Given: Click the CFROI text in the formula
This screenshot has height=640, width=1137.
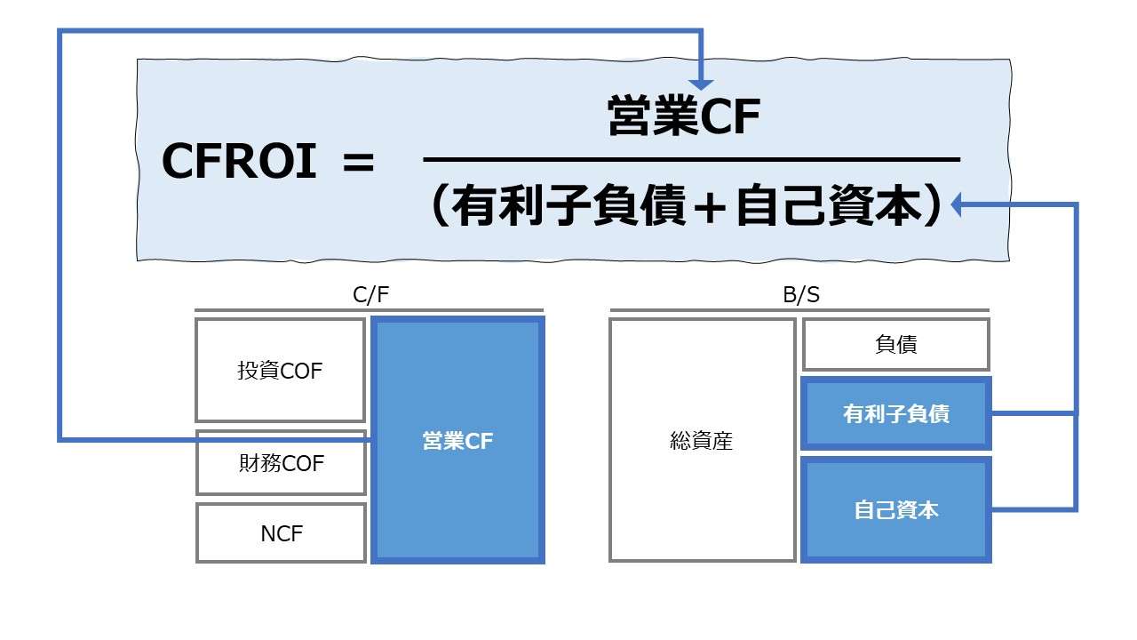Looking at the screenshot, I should click(x=239, y=163).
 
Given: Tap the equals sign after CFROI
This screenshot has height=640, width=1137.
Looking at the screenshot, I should click(x=358, y=164).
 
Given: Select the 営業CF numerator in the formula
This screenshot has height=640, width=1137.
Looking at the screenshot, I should click(x=684, y=118).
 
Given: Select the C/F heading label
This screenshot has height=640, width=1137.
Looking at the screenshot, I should click(x=370, y=296).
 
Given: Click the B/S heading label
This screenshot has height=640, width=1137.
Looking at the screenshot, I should click(x=799, y=296).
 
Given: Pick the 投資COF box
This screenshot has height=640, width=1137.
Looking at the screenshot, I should click(x=280, y=371).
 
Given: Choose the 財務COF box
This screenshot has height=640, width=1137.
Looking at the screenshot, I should click(x=281, y=463).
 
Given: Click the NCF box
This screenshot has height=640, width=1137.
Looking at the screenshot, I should click(x=281, y=533).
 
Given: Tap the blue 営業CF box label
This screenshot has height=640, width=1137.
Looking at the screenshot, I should click(x=457, y=442).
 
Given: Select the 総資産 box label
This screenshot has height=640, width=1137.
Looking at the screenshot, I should click(x=702, y=441).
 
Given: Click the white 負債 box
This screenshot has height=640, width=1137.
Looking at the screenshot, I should click(x=895, y=344).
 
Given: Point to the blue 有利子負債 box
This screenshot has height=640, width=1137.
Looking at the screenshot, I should click(x=895, y=413).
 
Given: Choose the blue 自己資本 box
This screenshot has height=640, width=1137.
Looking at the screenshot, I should click(x=895, y=510).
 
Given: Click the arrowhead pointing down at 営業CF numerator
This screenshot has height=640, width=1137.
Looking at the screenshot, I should click(x=703, y=82).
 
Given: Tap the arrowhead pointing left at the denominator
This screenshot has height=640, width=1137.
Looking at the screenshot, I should click(x=958, y=206).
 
